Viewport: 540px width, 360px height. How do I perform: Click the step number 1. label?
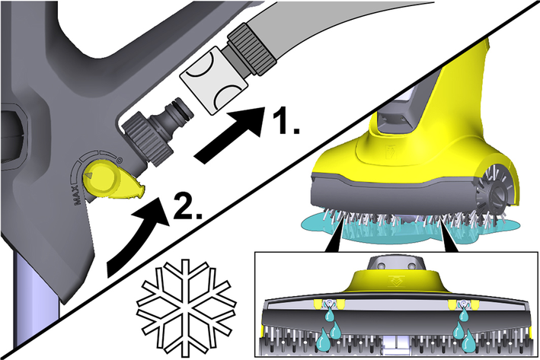[x=286, y=122]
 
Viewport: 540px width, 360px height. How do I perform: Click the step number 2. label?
[x=187, y=206]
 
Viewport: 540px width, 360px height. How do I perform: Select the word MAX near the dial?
[x=78, y=195]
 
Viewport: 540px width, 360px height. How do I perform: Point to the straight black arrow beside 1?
[x=229, y=134]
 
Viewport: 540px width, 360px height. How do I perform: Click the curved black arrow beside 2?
[x=138, y=234]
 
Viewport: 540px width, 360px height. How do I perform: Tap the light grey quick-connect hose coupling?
[x=214, y=80]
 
